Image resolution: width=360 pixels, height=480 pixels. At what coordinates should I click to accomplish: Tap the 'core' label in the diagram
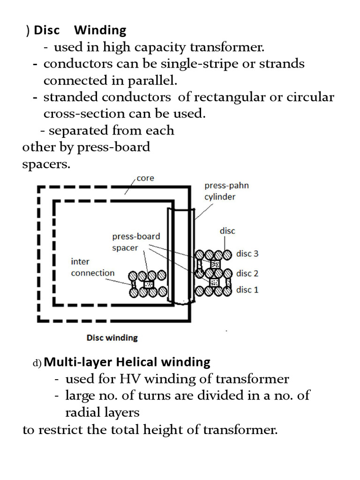145,179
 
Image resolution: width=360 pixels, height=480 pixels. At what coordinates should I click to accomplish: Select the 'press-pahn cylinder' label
226,191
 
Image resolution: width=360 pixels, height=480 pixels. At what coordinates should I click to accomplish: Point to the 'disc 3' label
247,254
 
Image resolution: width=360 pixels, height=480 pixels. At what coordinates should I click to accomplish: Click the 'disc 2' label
247,273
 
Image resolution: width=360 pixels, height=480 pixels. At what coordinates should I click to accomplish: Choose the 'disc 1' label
247,290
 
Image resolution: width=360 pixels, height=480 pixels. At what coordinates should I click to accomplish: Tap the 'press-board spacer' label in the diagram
136,242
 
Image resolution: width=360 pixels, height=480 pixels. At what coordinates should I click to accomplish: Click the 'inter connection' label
92,267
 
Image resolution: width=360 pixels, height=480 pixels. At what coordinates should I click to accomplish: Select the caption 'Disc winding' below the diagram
112,337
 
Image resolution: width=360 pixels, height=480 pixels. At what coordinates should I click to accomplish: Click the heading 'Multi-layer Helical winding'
127,362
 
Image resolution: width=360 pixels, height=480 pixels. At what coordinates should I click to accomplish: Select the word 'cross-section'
84,113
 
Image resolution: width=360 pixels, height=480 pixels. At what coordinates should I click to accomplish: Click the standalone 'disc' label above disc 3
227,231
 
